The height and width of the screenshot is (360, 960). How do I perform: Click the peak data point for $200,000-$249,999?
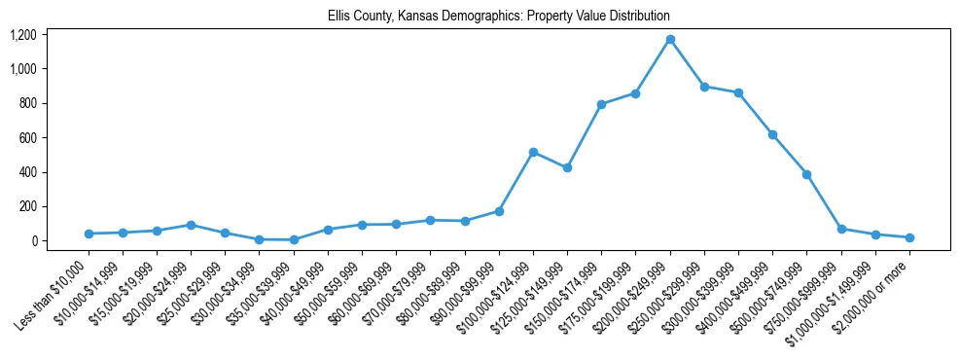pos(670,40)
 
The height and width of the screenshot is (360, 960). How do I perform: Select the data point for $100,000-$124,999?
pos(533,152)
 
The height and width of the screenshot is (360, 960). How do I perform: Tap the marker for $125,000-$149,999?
pos(567,167)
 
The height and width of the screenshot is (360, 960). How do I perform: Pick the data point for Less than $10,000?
pos(89,234)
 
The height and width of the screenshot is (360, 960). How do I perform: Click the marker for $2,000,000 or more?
pos(909,237)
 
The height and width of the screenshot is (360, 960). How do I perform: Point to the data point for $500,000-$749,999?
pos(806,174)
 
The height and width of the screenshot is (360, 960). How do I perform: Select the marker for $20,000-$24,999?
pos(191,225)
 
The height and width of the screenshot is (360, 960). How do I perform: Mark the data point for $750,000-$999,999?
pos(841,229)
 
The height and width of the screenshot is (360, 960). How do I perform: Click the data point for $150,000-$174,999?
pos(601,104)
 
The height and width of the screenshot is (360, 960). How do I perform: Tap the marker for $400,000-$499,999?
pos(772,134)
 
